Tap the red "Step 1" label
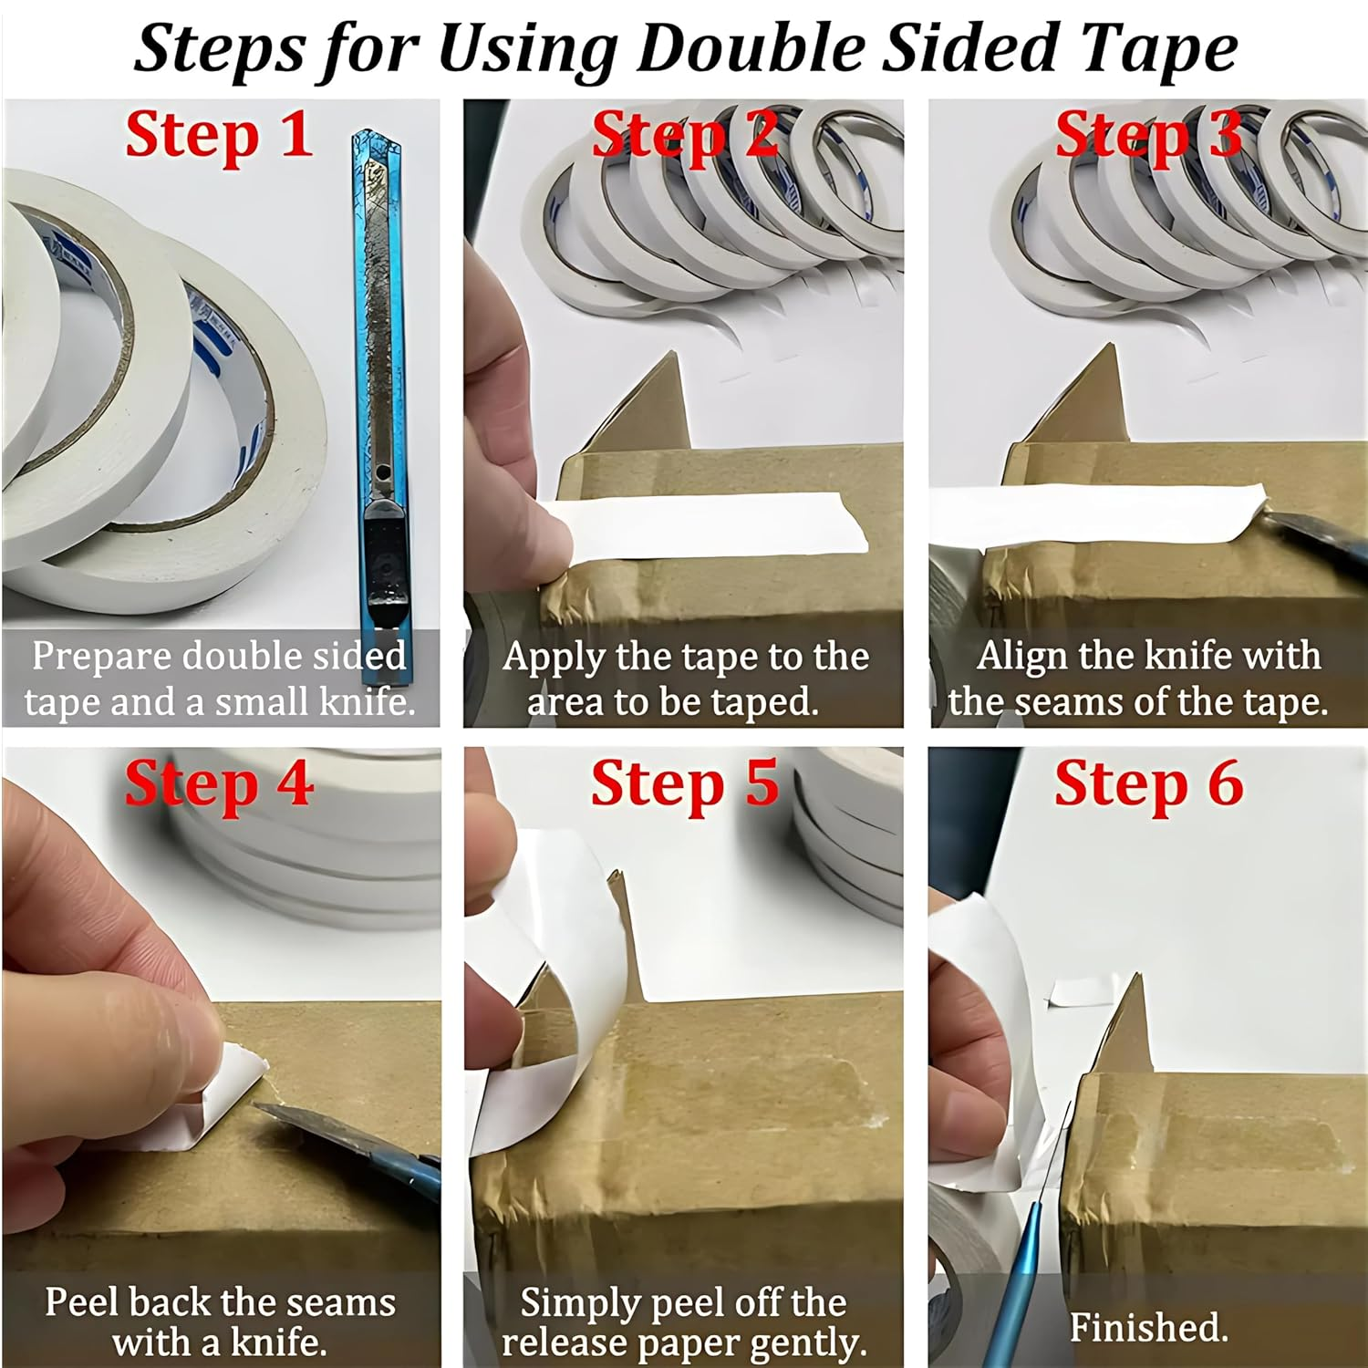coord(219,137)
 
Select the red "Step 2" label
coord(685,137)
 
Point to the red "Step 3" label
coord(1148,137)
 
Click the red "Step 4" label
coord(219,784)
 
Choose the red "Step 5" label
coord(685,784)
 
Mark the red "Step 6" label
coord(1148,784)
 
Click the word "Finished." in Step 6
coord(1148,1327)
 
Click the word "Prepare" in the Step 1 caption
coord(101,657)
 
